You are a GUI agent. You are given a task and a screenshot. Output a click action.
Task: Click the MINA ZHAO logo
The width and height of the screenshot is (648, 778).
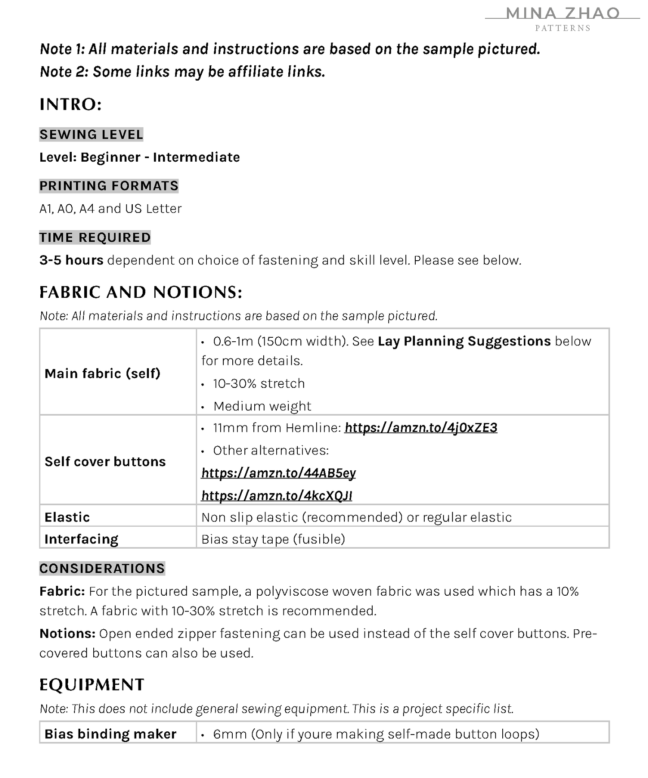point(562,18)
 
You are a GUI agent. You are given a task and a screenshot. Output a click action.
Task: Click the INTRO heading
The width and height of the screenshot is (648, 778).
point(70,104)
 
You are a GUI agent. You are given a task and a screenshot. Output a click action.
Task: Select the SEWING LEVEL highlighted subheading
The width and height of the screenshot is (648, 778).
point(91,134)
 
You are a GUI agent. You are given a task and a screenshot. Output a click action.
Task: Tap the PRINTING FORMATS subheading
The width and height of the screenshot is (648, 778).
point(109,185)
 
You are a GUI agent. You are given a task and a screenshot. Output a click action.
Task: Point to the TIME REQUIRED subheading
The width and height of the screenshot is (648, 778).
point(95,237)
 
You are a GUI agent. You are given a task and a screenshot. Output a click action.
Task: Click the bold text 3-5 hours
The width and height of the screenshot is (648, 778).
point(71,260)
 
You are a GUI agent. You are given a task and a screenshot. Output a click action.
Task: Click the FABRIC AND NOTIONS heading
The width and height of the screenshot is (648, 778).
point(141,292)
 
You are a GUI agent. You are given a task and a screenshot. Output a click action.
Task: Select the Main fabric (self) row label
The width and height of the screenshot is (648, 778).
point(102,373)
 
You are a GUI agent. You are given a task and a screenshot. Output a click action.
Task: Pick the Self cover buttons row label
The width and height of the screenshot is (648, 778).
point(105,461)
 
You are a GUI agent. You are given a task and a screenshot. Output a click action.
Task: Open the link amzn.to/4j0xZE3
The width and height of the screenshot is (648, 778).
point(421,428)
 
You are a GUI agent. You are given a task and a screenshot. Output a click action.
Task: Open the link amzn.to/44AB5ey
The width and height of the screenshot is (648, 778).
point(278,473)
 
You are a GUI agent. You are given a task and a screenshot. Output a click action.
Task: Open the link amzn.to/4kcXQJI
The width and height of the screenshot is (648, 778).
point(276,495)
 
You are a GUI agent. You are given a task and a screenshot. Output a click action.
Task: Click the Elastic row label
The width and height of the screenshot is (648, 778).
point(67,517)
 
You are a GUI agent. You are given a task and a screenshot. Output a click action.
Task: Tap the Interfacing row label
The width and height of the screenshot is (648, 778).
point(81,539)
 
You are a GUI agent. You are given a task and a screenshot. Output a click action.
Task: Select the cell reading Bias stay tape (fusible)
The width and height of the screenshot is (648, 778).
point(273,539)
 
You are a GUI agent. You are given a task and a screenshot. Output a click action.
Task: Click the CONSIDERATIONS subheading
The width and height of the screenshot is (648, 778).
point(102,568)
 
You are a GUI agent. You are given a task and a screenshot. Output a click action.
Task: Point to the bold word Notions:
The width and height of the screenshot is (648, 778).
point(67,633)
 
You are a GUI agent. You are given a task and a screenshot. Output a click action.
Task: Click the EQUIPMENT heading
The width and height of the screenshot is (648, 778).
point(91,684)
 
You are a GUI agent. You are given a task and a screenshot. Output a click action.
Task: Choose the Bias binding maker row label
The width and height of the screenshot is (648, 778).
point(110,734)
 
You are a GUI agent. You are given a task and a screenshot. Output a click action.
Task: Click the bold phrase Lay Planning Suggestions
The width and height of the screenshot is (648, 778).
point(464,341)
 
